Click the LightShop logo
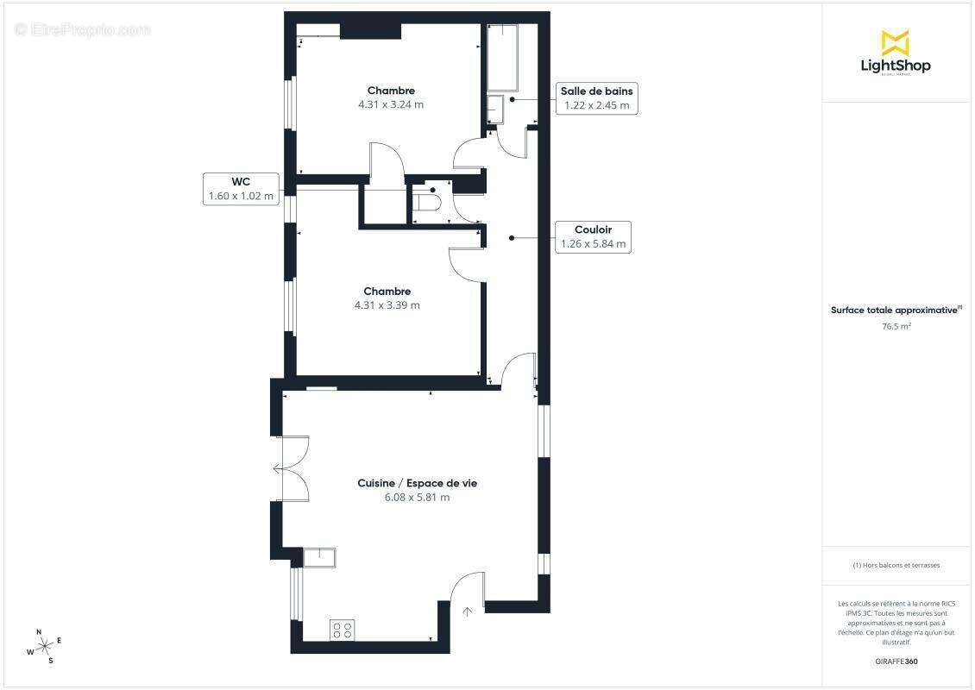896,53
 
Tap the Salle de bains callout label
596,98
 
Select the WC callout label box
241,188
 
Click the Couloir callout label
593,236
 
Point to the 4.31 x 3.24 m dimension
391,104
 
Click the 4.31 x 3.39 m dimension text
387,305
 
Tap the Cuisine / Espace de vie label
417,483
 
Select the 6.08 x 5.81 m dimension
417,498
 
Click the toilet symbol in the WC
426,203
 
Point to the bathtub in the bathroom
502,58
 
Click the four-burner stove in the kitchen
342,630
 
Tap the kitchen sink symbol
320,555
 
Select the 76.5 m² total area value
896,327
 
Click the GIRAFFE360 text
896,662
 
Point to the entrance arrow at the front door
468,612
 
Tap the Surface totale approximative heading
895,310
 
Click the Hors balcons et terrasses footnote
896,565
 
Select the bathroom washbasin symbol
494,110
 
